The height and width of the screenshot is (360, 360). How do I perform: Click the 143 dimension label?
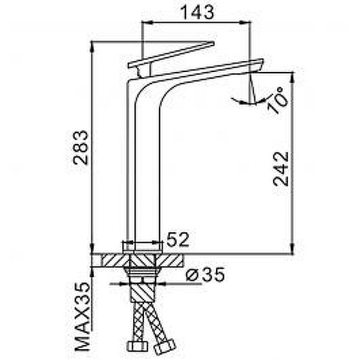point(197,12)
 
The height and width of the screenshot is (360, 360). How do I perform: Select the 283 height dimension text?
point(80,148)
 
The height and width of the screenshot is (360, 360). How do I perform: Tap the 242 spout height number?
point(281,169)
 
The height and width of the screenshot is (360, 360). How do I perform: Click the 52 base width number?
point(178,239)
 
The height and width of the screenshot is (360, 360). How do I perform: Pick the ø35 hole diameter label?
point(205,275)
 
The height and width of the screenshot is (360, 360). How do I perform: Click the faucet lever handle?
point(171,55)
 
